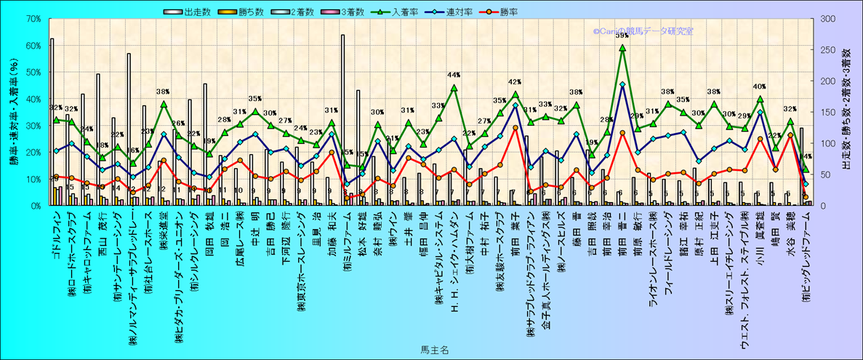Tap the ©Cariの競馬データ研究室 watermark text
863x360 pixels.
(x=643, y=32)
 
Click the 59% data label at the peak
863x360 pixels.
(x=622, y=35)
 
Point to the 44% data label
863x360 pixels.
(x=454, y=75)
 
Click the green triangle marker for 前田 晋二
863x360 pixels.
(x=622, y=48)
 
